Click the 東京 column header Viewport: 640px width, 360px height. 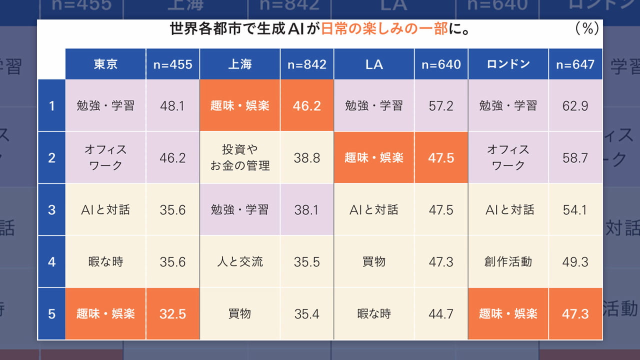pos(105,64)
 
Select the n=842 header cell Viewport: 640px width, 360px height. pos(307,64)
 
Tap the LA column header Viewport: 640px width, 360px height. pos(374,64)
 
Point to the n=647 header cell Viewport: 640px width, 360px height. pos(575,64)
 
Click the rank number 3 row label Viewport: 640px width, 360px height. pos(51,209)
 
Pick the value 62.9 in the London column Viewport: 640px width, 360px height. pos(575,105)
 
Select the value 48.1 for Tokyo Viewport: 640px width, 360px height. pos(172,105)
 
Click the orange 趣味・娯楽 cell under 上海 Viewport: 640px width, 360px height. pos(240,105)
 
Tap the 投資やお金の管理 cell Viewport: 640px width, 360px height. pos(240,157)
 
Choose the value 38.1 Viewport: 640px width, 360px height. pos(307,209)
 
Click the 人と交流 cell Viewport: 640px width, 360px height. pos(240,261)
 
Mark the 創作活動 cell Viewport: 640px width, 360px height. pos(508,261)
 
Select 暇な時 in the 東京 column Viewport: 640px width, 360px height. pos(105,261)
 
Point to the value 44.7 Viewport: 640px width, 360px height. pos(441,313)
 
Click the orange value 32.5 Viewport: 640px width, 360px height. pos(172,313)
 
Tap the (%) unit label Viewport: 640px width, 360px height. pos(587,29)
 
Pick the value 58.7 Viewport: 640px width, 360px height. pos(575,157)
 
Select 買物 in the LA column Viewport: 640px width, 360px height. pos(374,261)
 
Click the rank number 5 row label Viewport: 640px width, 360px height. pos(51,313)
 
